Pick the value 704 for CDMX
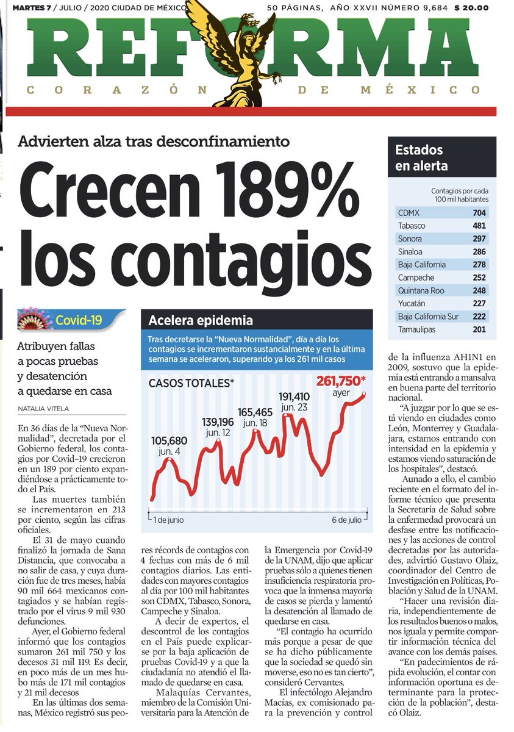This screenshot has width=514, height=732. point(478,213)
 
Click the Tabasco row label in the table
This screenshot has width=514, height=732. point(412,226)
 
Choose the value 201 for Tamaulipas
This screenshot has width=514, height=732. point(478,329)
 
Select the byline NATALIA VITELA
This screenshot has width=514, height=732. point(43,407)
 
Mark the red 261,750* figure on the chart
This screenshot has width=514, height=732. point(341,381)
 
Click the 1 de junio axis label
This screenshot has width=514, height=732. point(168,520)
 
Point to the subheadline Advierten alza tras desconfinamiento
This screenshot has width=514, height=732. point(153,142)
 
